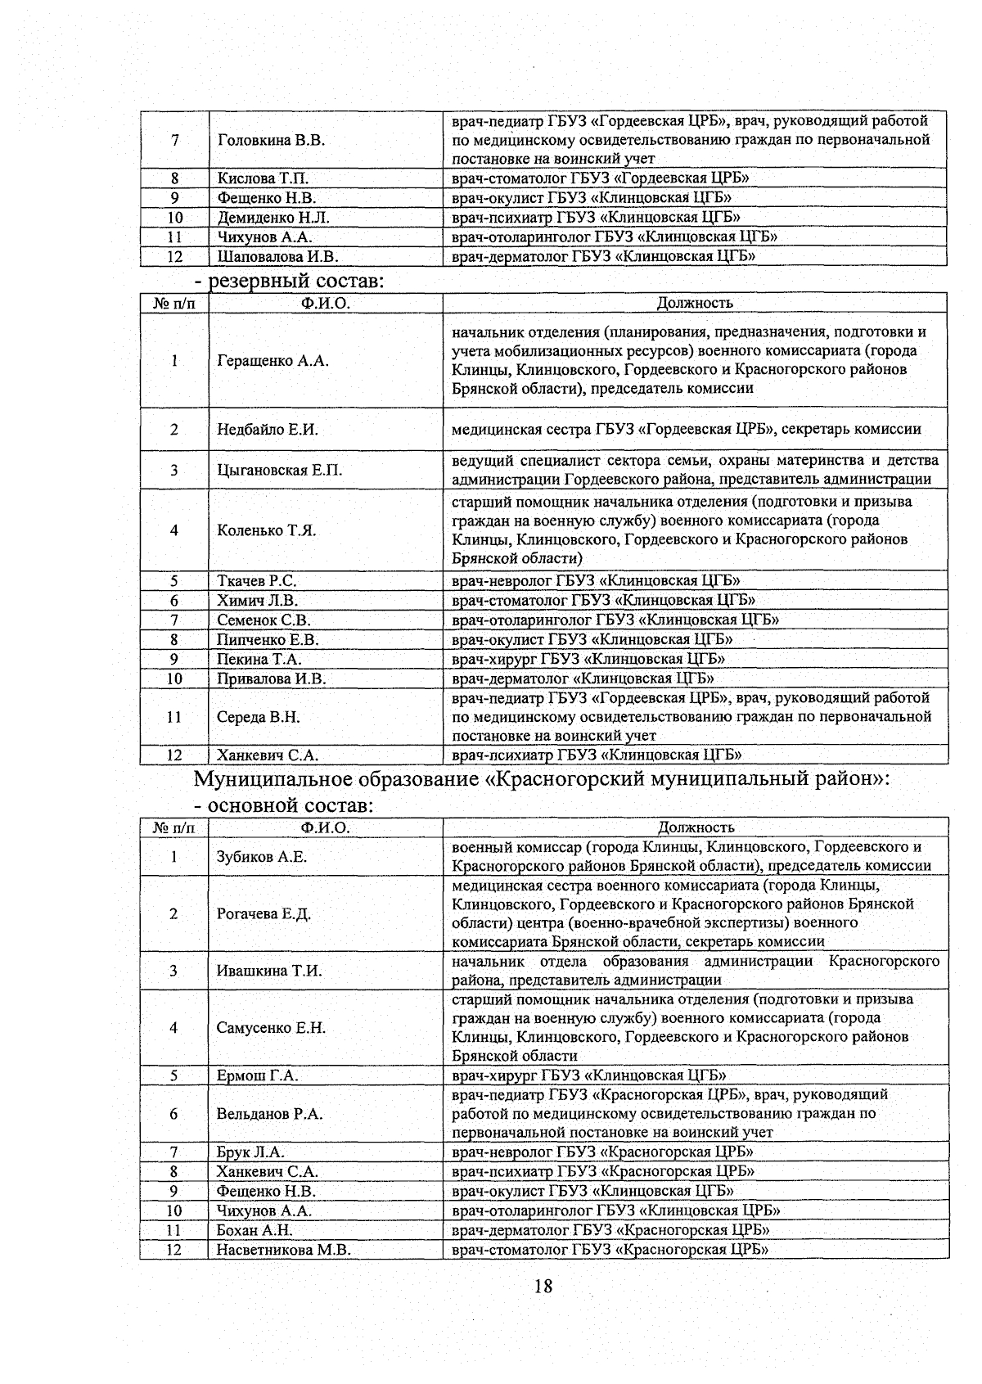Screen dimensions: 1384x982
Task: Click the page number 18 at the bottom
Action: pos(543,1286)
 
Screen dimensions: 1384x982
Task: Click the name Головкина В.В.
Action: pos(271,140)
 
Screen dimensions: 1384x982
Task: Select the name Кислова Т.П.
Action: pos(263,178)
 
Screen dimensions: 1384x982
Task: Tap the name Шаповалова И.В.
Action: pos(277,256)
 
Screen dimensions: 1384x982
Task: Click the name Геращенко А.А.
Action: pos(273,361)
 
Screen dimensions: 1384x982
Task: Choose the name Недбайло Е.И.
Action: pos(268,429)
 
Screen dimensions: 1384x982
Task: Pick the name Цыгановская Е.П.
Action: pos(279,470)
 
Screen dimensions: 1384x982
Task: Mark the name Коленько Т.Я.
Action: pos(266,530)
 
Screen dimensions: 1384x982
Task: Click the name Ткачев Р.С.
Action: pos(256,581)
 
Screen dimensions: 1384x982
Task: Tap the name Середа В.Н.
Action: pos(259,717)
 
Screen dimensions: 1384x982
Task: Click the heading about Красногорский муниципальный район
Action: pos(541,778)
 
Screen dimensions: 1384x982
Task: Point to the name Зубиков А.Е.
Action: pos(262,857)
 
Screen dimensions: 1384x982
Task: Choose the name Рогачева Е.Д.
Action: pos(264,914)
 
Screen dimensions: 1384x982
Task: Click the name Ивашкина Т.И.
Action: pos(269,971)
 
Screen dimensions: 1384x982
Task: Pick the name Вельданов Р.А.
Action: pos(269,1114)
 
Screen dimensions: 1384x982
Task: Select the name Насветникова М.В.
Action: pos(283,1250)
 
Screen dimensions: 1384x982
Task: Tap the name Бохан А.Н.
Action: pos(255,1230)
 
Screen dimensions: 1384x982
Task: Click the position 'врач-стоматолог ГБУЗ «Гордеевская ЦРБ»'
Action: pos(601,178)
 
